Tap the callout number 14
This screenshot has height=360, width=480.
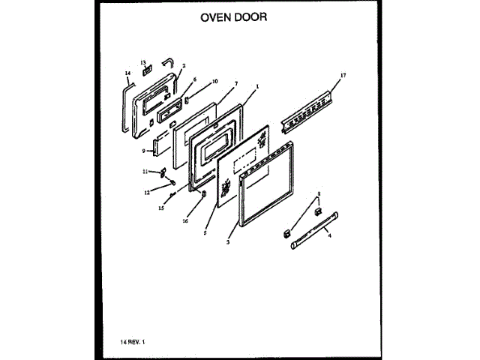click(127, 73)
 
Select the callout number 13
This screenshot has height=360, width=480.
click(142, 61)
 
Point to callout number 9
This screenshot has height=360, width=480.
click(142, 151)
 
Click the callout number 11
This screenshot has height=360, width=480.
click(145, 172)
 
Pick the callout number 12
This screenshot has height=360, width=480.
click(147, 191)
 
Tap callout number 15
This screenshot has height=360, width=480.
click(161, 208)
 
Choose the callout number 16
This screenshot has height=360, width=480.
click(185, 221)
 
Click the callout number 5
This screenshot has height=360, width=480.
click(204, 233)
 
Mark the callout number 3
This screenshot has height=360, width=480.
click(227, 242)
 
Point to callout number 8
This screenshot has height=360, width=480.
click(317, 194)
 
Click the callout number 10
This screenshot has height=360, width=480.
click(214, 81)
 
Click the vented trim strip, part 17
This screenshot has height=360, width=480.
click(306, 110)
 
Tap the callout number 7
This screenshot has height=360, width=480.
click(235, 84)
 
